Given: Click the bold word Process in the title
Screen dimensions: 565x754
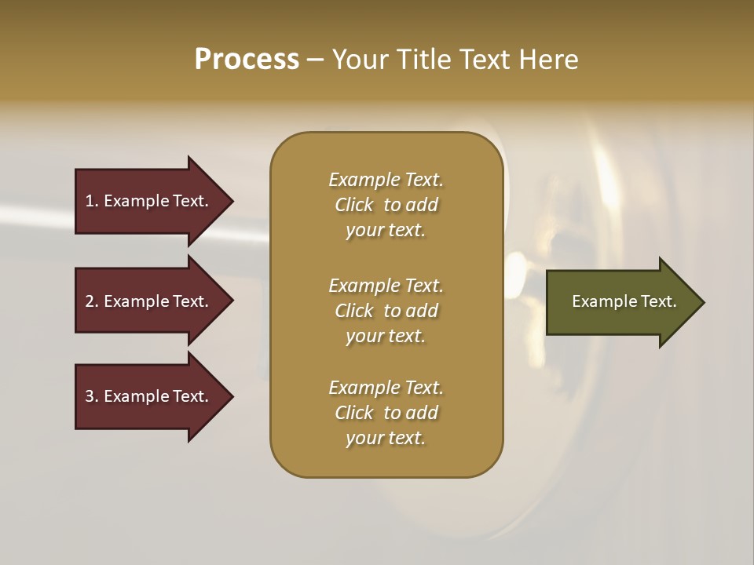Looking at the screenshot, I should click(247, 60).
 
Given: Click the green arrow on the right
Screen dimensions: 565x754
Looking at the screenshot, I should click(620, 301).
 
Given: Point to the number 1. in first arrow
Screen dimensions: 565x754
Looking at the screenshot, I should click(92, 201).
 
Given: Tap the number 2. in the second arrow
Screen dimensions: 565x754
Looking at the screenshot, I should click(92, 301).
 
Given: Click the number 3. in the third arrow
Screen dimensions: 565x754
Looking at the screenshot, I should click(92, 396).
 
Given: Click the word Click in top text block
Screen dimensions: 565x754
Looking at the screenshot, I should click(354, 205).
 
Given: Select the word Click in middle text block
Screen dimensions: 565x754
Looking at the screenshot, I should click(354, 311).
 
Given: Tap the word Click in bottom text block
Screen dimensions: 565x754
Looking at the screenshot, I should click(354, 413).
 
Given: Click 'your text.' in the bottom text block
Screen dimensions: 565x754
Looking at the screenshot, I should click(386, 438).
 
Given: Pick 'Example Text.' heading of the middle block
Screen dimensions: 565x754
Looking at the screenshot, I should click(386, 285).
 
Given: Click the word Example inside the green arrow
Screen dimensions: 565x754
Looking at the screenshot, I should click(599, 301).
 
